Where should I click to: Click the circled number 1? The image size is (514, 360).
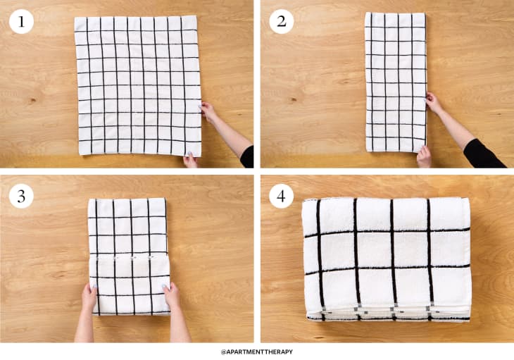click(21, 22)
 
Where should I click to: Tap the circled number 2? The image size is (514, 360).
click(282, 22)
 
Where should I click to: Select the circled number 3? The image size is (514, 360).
click(21, 197)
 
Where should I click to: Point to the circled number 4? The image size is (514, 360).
click(282, 197)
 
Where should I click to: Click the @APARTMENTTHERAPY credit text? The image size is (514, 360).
click(257, 351)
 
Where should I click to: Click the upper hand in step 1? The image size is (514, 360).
click(208, 111)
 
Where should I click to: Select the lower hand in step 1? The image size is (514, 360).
click(191, 160)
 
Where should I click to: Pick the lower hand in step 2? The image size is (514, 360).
click(424, 155)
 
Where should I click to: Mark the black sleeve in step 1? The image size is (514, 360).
click(247, 156)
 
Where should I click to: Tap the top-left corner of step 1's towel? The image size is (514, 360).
click(75, 18)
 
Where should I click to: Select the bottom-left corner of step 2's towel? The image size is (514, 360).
click(366, 150)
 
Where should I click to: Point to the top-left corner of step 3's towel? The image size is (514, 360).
click(89, 200)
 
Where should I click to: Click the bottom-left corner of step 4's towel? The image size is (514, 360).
click(306, 318)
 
